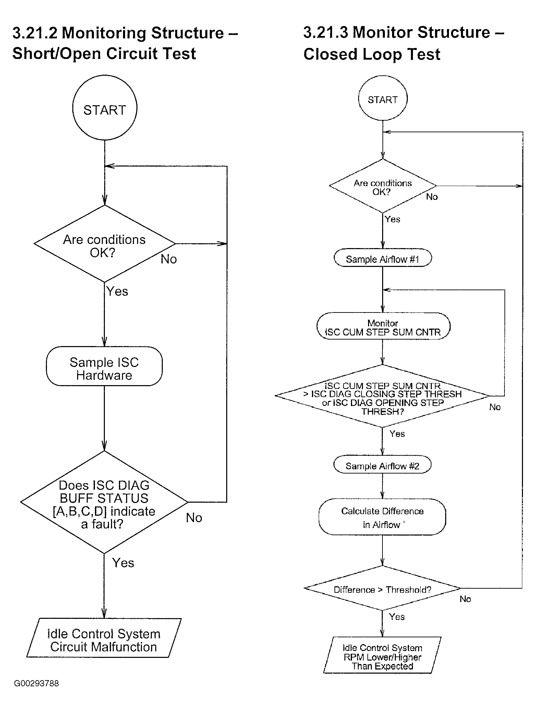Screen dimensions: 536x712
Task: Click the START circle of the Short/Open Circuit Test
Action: pyautogui.click(x=105, y=108)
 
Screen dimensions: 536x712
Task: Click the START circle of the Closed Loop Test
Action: pyautogui.click(x=383, y=98)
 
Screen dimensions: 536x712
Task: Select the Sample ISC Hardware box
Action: pyautogui.click(x=104, y=366)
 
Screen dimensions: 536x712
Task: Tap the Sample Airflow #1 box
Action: pyautogui.click(x=383, y=258)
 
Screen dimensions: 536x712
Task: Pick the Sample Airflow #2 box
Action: pyautogui.click(x=382, y=465)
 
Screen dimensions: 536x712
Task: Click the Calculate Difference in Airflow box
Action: pyautogui.click(x=382, y=517)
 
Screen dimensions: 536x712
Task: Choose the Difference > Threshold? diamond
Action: pyautogui.click(x=382, y=588)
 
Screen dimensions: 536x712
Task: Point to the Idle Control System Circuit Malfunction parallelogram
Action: pyautogui.click(x=104, y=638)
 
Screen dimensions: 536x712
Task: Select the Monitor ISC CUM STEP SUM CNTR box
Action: pyautogui.click(x=383, y=326)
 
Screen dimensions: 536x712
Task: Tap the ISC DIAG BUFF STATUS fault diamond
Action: pyautogui.click(x=104, y=502)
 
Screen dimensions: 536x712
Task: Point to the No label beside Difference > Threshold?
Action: pyautogui.click(x=465, y=599)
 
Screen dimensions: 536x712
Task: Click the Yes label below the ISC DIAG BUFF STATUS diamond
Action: pyautogui.click(x=123, y=563)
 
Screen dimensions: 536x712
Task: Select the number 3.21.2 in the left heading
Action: pyautogui.click(x=35, y=33)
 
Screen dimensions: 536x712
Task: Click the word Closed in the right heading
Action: pyautogui.click(x=330, y=54)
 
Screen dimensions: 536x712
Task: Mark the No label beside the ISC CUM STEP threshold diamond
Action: pyautogui.click(x=495, y=407)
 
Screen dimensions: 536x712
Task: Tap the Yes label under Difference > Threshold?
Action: pyautogui.click(x=397, y=617)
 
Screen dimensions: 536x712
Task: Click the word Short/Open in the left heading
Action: pyautogui.click(x=57, y=54)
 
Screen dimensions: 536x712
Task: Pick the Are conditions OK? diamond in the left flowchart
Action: pyautogui.click(x=105, y=244)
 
